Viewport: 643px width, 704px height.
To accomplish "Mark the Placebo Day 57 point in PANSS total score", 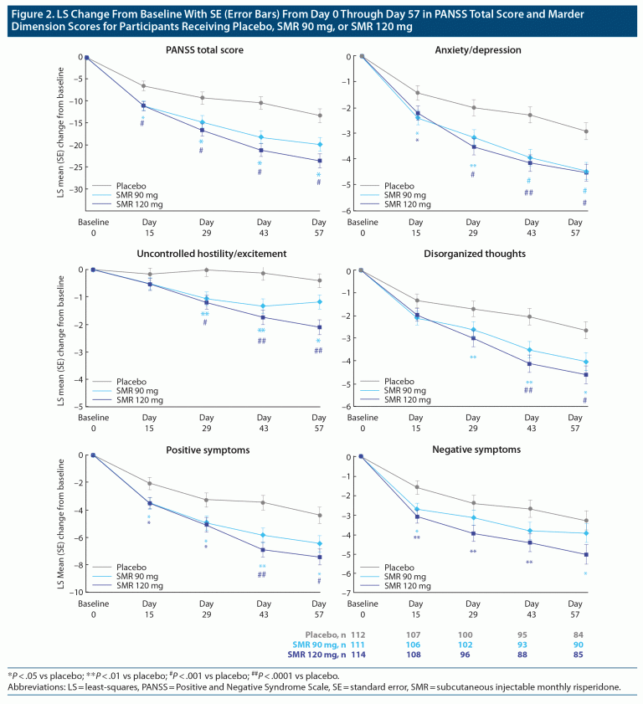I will click(317, 116).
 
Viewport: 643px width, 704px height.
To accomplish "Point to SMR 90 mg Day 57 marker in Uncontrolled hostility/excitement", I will click(317, 301).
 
